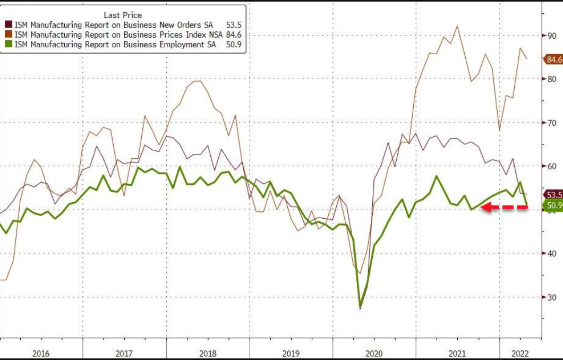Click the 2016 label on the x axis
[x=41, y=352]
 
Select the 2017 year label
[x=124, y=352]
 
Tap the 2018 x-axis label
[x=207, y=352]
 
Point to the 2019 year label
[x=291, y=352]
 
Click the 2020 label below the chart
[x=374, y=352]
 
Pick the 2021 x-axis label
[x=457, y=352]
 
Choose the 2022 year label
[x=519, y=352]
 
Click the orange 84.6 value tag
[x=553, y=59]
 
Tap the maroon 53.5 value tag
[x=553, y=195]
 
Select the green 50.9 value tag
[x=553, y=205]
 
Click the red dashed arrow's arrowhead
[x=484, y=208]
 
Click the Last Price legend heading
[x=123, y=15]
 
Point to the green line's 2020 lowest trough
[x=361, y=307]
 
